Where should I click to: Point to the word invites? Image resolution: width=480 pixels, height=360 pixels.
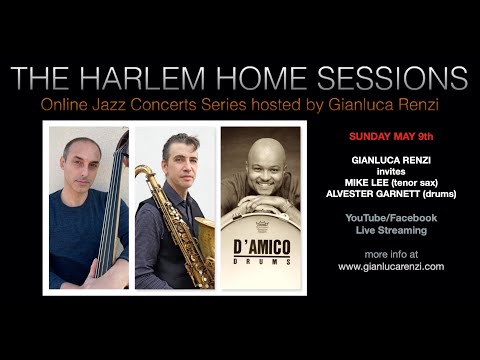click(391, 171)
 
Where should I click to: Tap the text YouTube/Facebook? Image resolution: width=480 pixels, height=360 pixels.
click(391, 217)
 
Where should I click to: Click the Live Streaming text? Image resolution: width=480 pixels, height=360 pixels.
click(391, 230)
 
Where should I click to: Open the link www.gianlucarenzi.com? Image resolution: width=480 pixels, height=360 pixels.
click(391, 267)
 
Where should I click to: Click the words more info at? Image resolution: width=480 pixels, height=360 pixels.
click(391, 254)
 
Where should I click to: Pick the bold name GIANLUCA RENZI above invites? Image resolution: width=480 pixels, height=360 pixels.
click(391, 159)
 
